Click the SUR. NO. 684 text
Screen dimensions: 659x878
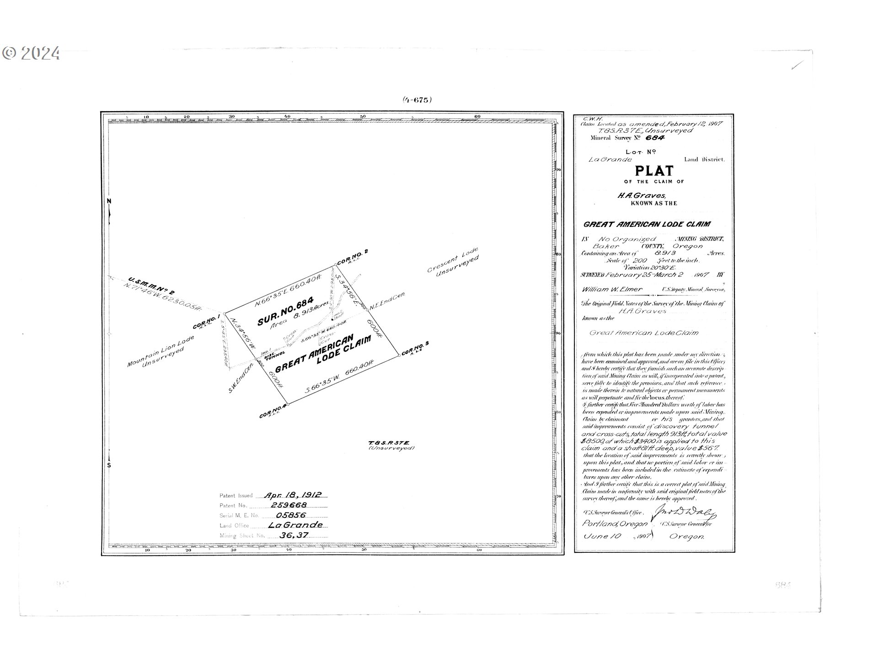[285, 311]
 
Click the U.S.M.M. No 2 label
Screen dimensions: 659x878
[151, 285]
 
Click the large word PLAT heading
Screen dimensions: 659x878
[654, 171]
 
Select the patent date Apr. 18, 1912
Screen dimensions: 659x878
[293, 495]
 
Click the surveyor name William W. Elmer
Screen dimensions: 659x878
[612, 289]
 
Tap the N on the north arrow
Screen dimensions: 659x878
[109, 201]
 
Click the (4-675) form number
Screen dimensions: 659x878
[417, 100]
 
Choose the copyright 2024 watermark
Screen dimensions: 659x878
[31, 54]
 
